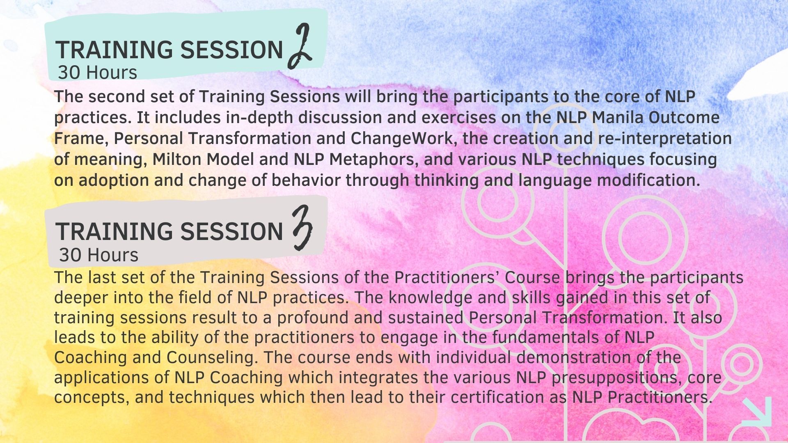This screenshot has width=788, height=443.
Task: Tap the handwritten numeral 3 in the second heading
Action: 302,228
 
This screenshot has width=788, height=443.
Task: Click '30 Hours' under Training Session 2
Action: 97,73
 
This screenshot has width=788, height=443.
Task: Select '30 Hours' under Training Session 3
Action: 98,255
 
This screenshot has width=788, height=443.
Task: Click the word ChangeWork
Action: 401,139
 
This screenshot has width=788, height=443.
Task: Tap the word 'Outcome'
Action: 684,117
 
